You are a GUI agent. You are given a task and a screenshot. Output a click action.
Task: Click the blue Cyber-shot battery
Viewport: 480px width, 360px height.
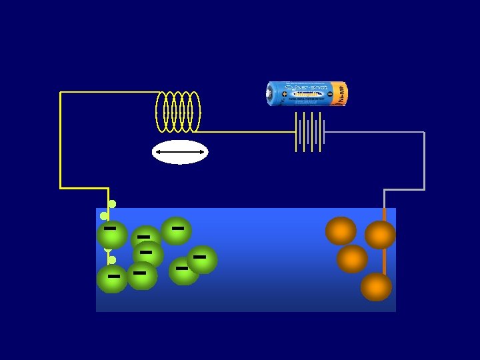point(307,94)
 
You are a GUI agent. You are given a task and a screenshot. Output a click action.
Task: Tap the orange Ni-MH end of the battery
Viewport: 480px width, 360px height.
point(340,94)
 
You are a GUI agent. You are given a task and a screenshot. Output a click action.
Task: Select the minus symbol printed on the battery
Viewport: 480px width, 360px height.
point(330,94)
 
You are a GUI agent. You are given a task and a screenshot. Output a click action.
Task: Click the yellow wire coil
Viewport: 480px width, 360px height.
point(177,111)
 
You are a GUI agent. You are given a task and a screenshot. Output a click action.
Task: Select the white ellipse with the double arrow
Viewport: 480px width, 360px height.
point(180,152)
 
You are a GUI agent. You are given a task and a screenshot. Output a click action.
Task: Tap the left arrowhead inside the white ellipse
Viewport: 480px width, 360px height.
point(158,153)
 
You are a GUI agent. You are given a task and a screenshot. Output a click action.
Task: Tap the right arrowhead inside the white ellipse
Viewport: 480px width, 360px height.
point(203,153)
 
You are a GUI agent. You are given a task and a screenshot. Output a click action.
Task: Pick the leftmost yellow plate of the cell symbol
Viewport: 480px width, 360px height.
point(296,131)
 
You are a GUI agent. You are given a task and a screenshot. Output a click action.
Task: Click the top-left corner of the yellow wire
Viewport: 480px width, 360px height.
point(61,93)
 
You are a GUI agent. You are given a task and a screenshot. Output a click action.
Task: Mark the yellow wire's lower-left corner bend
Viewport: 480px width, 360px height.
point(61,188)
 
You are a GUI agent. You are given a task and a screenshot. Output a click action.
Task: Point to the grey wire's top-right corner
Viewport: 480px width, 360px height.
point(424,133)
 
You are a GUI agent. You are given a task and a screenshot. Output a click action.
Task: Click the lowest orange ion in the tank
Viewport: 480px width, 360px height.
point(376,287)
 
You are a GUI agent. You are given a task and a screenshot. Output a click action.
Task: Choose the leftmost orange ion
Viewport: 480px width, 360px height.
point(341,231)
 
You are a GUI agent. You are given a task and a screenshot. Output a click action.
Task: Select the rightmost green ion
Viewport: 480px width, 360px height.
point(202,259)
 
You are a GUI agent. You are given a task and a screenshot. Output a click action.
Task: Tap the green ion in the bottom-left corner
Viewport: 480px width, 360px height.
point(112,279)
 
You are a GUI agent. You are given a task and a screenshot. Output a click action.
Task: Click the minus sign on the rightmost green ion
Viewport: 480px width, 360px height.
point(199,257)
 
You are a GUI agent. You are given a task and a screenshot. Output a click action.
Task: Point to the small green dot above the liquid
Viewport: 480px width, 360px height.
point(112,204)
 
